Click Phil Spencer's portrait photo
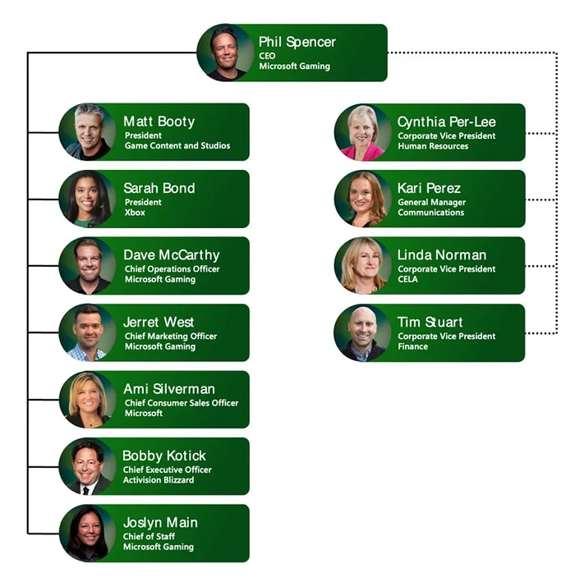tap(225, 53)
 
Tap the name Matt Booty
tap(159, 121)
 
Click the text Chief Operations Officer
tap(172, 269)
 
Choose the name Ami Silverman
tap(169, 389)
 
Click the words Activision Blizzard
tap(159, 480)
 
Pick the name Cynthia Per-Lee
tap(447, 121)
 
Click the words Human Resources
tap(433, 146)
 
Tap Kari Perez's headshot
tap(362, 199)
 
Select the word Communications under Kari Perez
tap(431, 213)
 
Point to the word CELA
tap(407, 279)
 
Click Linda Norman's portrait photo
tap(362, 265)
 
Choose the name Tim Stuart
tap(430, 322)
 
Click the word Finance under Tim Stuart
tap(413, 346)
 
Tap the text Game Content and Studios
tap(177, 146)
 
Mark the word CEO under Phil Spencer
tap(268, 56)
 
